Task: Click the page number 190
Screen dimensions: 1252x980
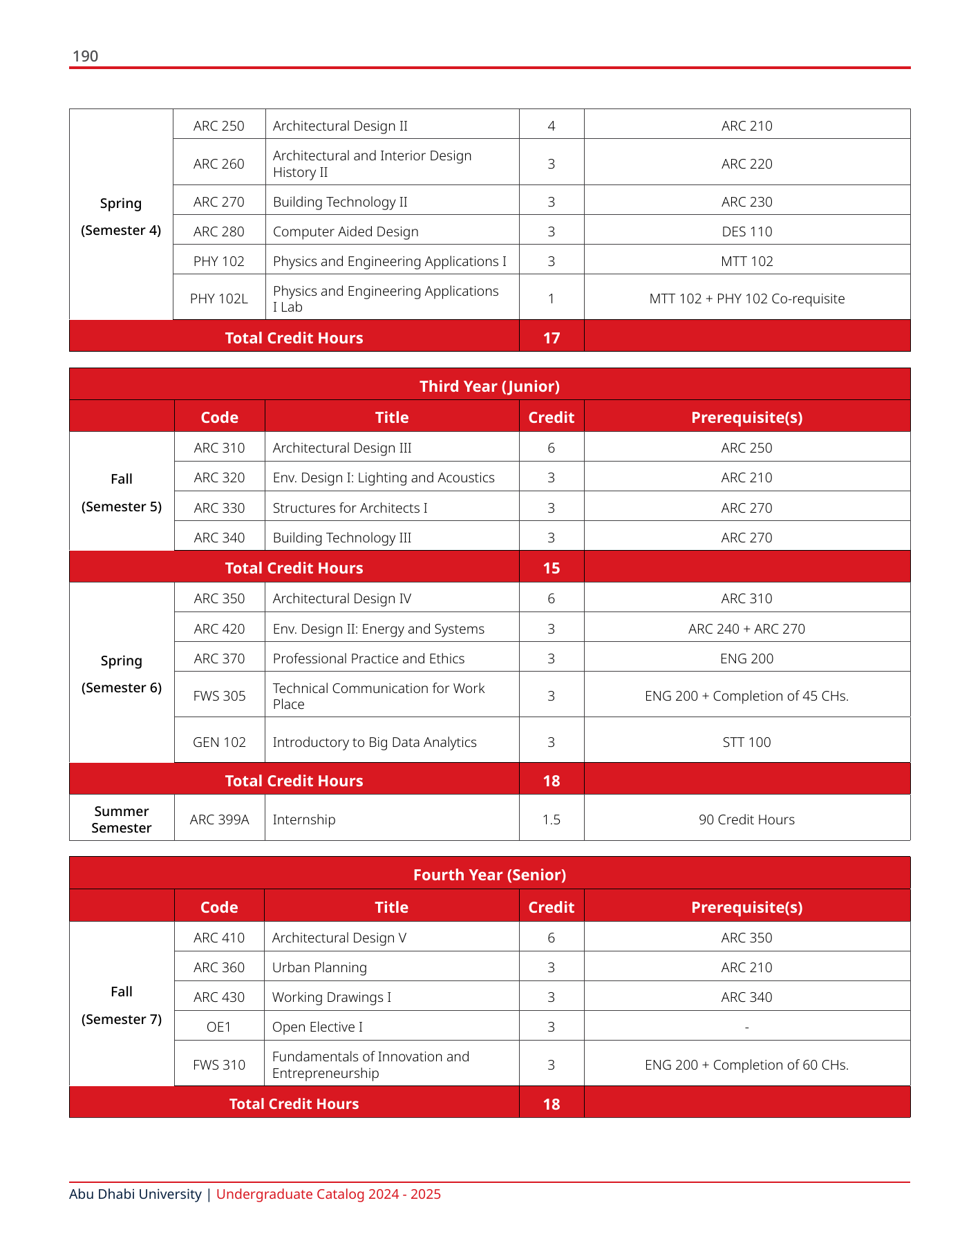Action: click(x=85, y=56)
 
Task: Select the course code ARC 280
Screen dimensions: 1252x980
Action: click(x=218, y=231)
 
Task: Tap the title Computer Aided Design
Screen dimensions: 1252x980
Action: click(x=346, y=231)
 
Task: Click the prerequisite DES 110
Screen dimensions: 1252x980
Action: click(x=746, y=231)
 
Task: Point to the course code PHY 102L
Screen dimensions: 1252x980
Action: click(x=218, y=298)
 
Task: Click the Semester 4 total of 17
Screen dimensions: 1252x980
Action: click(x=551, y=338)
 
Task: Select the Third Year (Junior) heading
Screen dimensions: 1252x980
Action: click(x=489, y=386)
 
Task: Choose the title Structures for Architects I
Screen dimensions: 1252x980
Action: click(x=350, y=508)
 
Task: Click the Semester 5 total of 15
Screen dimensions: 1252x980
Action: click(x=551, y=568)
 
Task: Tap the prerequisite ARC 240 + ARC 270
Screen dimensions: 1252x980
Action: click(x=746, y=629)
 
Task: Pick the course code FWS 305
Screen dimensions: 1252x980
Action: click(x=219, y=696)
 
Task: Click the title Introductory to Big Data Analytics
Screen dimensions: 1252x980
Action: click(x=375, y=742)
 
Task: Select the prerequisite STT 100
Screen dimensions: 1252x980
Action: click(x=746, y=742)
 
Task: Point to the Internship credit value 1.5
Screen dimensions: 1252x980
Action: click(x=551, y=819)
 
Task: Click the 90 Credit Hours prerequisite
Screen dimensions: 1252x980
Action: click(x=746, y=819)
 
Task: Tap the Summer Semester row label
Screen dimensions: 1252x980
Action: click(x=122, y=819)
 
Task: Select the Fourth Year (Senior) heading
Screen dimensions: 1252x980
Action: click(x=489, y=875)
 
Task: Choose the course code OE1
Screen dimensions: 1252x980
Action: click(x=218, y=1027)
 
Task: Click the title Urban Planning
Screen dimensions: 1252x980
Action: click(x=319, y=967)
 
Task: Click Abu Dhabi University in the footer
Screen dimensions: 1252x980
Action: click(x=135, y=1194)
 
